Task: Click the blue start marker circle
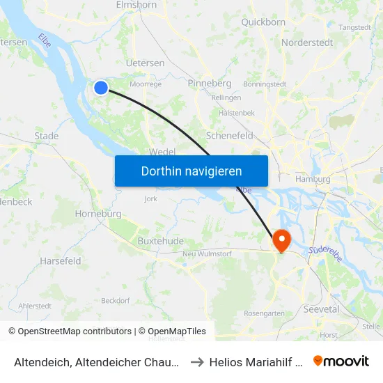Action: [x=101, y=87]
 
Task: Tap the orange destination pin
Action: [x=282, y=240]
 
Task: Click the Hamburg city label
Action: [x=313, y=178]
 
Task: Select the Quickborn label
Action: [x=263, y=22]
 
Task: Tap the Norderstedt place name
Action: [x=307, y=42]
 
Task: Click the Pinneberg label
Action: [x=210, y=83]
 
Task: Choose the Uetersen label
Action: [x=145, y=63]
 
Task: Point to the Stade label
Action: [x=47, y=136]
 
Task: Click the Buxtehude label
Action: [x=160, y=241]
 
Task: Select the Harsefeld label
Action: [x=61, y=261]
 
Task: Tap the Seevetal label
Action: [x=321, y=308]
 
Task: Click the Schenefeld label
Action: [x=230, y=136]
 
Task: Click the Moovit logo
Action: [x=341, y=361]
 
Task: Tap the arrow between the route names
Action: [x=196, y=361]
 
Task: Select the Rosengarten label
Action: [x=264, y=313]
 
